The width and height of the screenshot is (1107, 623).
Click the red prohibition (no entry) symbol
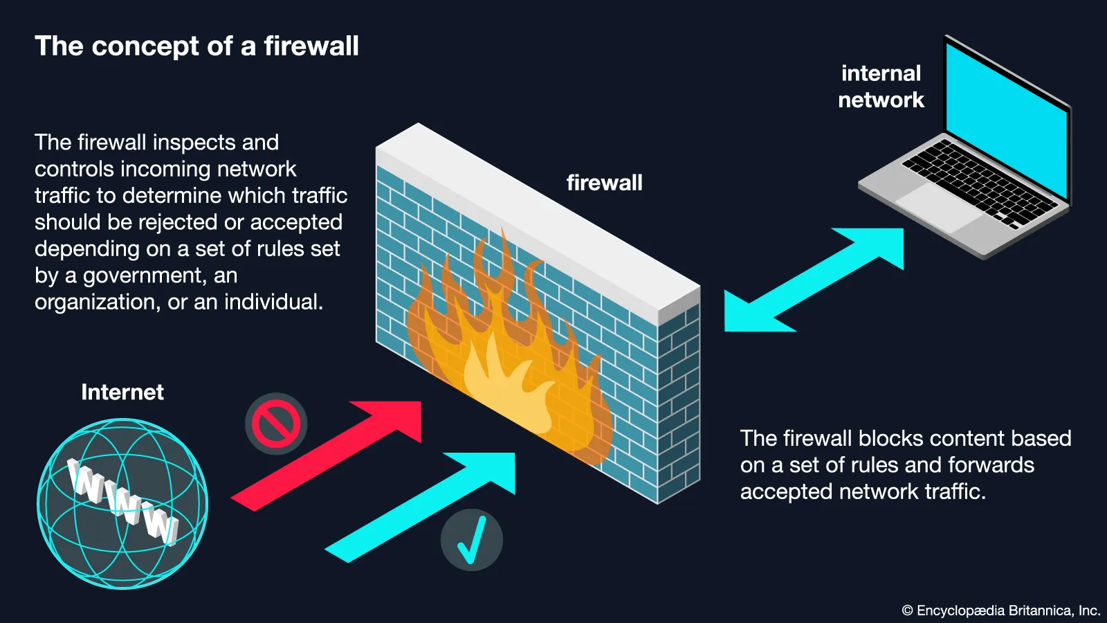point(275,424)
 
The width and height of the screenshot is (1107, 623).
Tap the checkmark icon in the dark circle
point(471,540)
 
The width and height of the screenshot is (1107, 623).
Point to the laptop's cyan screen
point(1007,118)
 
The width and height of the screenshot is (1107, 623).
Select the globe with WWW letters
point(122,503)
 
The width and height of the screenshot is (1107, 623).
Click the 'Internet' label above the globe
point(122,392)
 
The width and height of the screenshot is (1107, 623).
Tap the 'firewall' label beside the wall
point(604,183)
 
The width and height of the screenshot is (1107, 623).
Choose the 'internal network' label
point(881,87)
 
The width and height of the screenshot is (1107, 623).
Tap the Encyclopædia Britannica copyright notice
point(1000,611)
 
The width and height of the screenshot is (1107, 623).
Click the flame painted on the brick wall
point(505,353)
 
